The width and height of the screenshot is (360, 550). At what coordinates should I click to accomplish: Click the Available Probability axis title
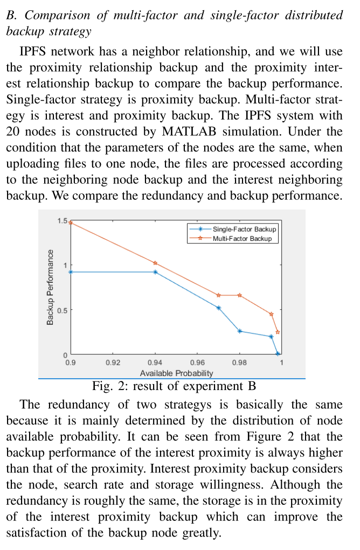[176, 373]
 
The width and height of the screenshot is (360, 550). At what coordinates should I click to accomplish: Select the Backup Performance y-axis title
[50, 287]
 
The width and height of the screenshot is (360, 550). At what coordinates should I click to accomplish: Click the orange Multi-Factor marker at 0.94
[155, 263]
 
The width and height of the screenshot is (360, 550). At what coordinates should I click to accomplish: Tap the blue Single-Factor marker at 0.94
[155, 272]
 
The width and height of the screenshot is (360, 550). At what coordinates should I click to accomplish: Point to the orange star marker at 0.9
[71, 222]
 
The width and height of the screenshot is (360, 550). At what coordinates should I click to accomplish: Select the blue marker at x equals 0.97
[218, 308]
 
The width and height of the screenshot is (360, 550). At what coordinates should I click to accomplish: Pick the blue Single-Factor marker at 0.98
[239, 331]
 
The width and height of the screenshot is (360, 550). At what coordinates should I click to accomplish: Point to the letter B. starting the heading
[10, 16]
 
